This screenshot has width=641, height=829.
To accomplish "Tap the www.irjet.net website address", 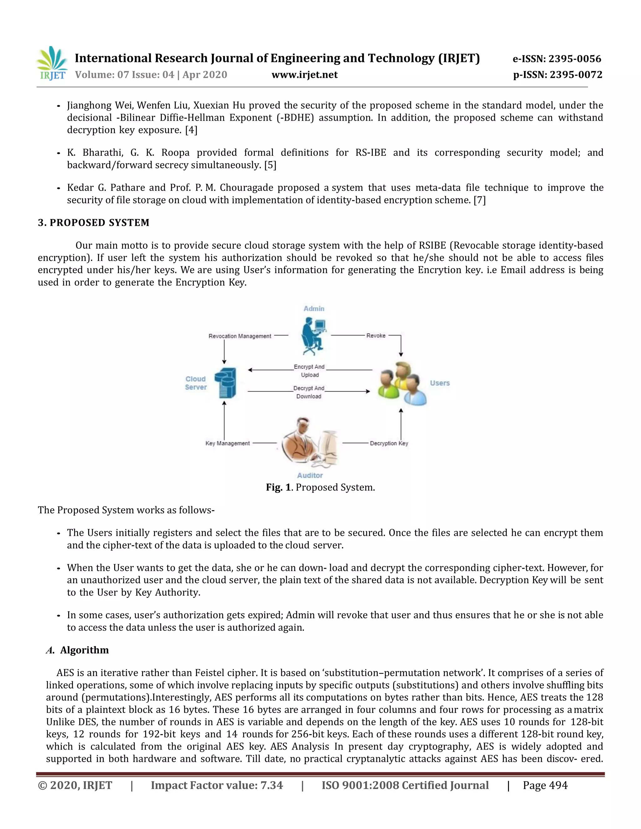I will (305, 75).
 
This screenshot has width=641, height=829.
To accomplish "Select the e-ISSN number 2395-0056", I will (557, 59).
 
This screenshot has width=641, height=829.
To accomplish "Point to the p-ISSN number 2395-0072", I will (557, 75).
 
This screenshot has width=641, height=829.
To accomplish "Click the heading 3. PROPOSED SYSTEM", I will (93, 223).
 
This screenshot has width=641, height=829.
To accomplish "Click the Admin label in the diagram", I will (314, 308).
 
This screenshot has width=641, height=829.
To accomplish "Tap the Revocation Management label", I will (240, 336).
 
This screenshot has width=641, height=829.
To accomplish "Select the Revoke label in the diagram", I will (376, 336).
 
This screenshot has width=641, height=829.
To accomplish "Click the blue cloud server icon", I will (226, 383).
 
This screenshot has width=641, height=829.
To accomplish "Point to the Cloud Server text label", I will (196, 383).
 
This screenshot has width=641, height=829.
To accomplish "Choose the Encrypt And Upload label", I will (310, 371).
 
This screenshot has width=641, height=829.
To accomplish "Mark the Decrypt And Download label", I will (309, 392).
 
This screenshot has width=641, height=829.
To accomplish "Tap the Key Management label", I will (228, 443).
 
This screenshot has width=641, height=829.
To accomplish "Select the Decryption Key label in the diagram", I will (389, 443).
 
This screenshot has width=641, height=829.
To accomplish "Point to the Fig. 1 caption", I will (320, 487).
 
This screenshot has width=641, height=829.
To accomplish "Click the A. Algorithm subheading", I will (78, 650).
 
